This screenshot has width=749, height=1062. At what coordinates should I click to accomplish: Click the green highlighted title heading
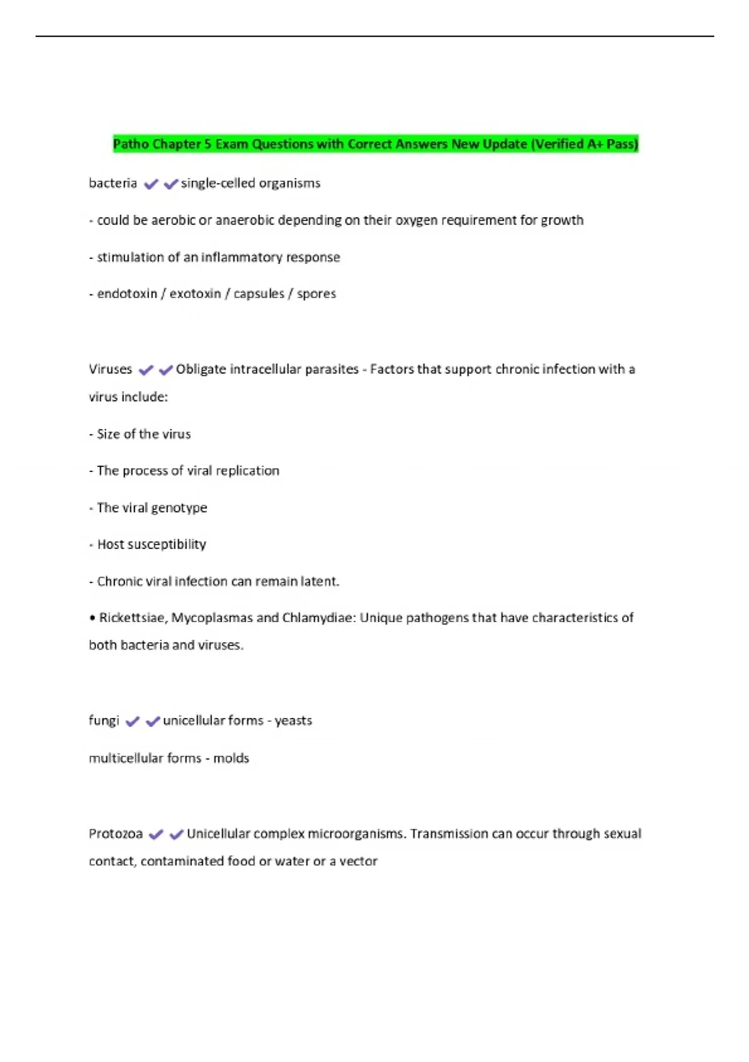point(375,144)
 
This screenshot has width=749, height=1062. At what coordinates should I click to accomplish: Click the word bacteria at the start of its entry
point(113,183)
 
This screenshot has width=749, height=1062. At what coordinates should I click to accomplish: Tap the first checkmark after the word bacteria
point(150,184)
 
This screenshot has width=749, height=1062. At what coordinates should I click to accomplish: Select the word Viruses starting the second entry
point(110,369)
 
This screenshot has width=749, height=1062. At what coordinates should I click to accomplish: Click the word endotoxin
point(127,294)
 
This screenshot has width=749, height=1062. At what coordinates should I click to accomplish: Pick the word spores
point(316,294)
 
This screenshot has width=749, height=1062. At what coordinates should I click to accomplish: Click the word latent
point(319,582)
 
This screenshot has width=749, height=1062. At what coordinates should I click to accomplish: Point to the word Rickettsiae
point(132,618)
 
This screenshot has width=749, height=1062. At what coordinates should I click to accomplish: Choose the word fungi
point(104,720)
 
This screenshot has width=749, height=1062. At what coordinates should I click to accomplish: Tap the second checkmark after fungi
point(152,722)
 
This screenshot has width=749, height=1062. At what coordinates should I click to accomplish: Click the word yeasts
point(293,720)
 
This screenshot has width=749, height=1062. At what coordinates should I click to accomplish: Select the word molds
point(231,758)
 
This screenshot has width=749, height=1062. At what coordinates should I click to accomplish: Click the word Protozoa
point(115,833)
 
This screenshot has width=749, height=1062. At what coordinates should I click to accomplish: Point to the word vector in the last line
point(358,861)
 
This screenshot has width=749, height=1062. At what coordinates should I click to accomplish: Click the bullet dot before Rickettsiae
point(92,618)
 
